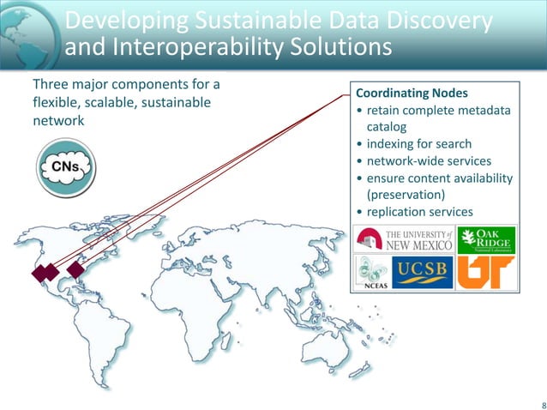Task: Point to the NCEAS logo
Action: [373, 273]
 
